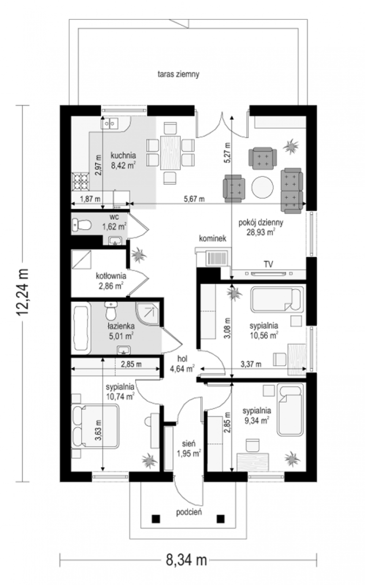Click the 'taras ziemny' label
click(178, 74)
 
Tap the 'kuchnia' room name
click(123, 156)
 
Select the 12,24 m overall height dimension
click(22, 292)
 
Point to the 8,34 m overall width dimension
click(186, 560)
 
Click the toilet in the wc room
click(81, 225)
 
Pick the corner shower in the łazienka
click(147, 313)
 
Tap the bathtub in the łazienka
click(81, 328)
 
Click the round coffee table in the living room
click(263, 187)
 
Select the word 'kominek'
click(213, 238)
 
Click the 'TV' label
click(268, 264)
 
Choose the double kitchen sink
click(110, 123)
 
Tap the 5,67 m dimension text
click(194, 199)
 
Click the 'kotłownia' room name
click(111, 276)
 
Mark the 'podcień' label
click(189, 512)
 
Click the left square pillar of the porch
click(156, 519)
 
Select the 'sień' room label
click(189, 444)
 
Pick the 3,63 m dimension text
click(98, 430)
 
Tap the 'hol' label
click(182, 359)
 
